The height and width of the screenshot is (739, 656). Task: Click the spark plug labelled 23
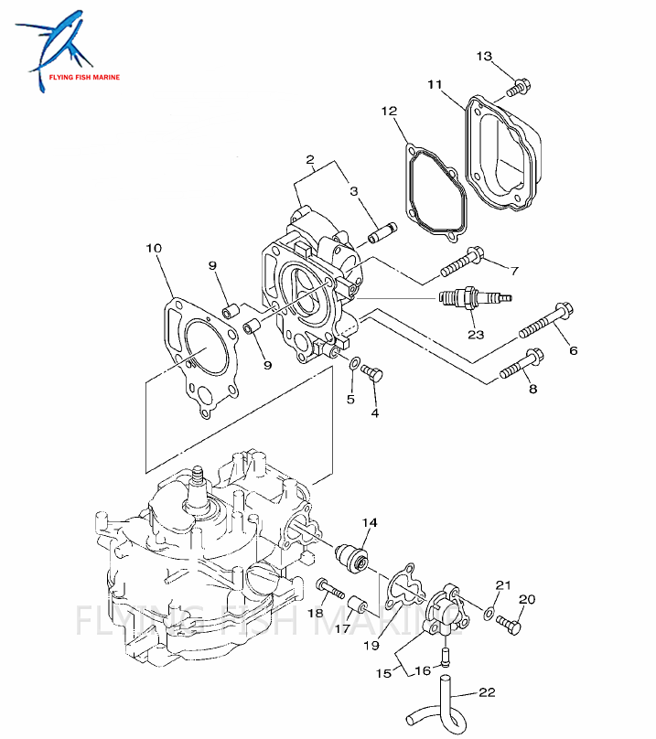coord(470,298)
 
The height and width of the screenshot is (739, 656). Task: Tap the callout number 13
coord(484,57)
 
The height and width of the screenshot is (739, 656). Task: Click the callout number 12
coord(389,112)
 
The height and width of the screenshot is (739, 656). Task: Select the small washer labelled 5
coord(353,365)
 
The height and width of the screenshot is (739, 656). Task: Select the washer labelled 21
coord(490,612)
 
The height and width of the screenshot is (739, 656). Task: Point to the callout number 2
coord(310,161)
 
